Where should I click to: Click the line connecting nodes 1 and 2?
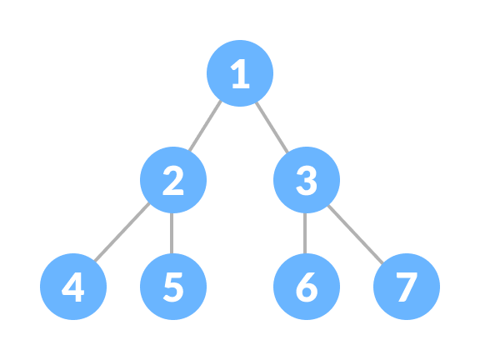click(205, 127)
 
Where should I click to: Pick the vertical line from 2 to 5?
click(172, 233)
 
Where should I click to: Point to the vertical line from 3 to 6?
click(305, 233)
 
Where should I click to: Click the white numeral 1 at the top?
click(240, 75)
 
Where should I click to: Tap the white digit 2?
click(172, 181)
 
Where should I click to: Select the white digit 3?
click(307, 181)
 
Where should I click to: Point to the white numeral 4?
click(73, 287)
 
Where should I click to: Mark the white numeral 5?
click(172, 287)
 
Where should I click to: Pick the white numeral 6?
click(307, 287)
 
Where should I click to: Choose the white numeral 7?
click(407, 287)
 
